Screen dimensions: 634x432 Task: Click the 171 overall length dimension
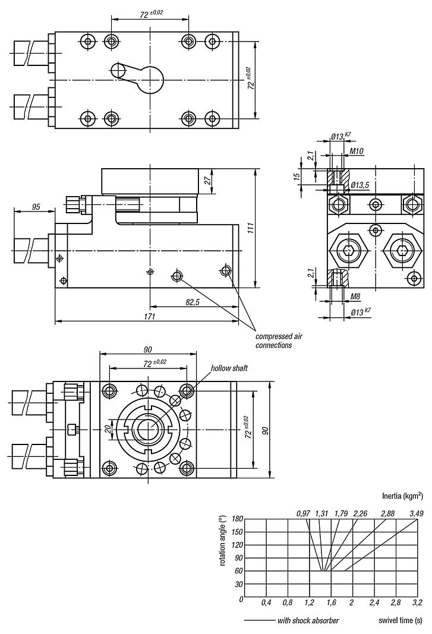(x=149, y=317)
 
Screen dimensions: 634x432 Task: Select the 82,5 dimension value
(x=193, y=302)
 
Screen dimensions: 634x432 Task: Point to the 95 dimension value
(x=36, y=207)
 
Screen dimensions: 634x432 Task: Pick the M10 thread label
(x=357, y=151)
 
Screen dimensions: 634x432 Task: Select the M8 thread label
(x=355, y=296)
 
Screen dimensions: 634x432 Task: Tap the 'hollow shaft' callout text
(x=229, y=368)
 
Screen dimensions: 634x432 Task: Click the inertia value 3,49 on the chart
(x=417, y=513)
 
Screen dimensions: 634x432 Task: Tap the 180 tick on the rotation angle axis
(x=238, y=518)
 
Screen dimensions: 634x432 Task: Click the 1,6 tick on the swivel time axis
(x=331, y=603)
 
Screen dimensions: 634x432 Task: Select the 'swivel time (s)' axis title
(x=401, y=621)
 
